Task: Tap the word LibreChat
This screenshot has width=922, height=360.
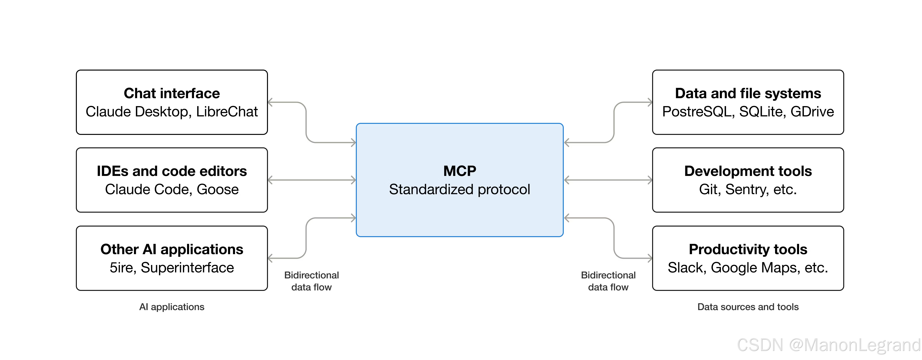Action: click(227, 112)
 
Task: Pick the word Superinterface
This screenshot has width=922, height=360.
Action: click(187, 268)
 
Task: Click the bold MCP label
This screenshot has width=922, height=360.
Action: click(459, 171)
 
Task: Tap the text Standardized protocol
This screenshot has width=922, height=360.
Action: click(459, 189)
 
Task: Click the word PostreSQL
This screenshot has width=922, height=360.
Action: click(698, 112)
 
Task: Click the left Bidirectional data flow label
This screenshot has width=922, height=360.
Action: click(311, 281)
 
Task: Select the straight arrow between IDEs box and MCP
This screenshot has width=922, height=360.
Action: click(311, 180)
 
